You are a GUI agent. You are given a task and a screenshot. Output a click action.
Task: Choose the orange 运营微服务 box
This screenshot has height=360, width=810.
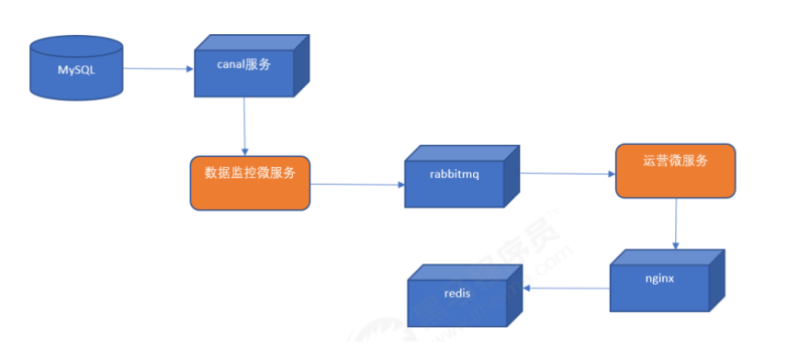[x=675, y=170]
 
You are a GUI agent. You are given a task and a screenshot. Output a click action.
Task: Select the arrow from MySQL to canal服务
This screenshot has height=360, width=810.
[x=158, y=68]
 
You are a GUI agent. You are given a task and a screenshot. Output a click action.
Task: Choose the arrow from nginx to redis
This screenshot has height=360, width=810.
[x=567, y=286]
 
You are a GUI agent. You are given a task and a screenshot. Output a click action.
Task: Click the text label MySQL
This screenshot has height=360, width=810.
[x=76, y=70]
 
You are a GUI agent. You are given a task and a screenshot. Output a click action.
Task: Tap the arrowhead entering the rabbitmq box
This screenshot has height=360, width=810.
[x=400, y=185]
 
